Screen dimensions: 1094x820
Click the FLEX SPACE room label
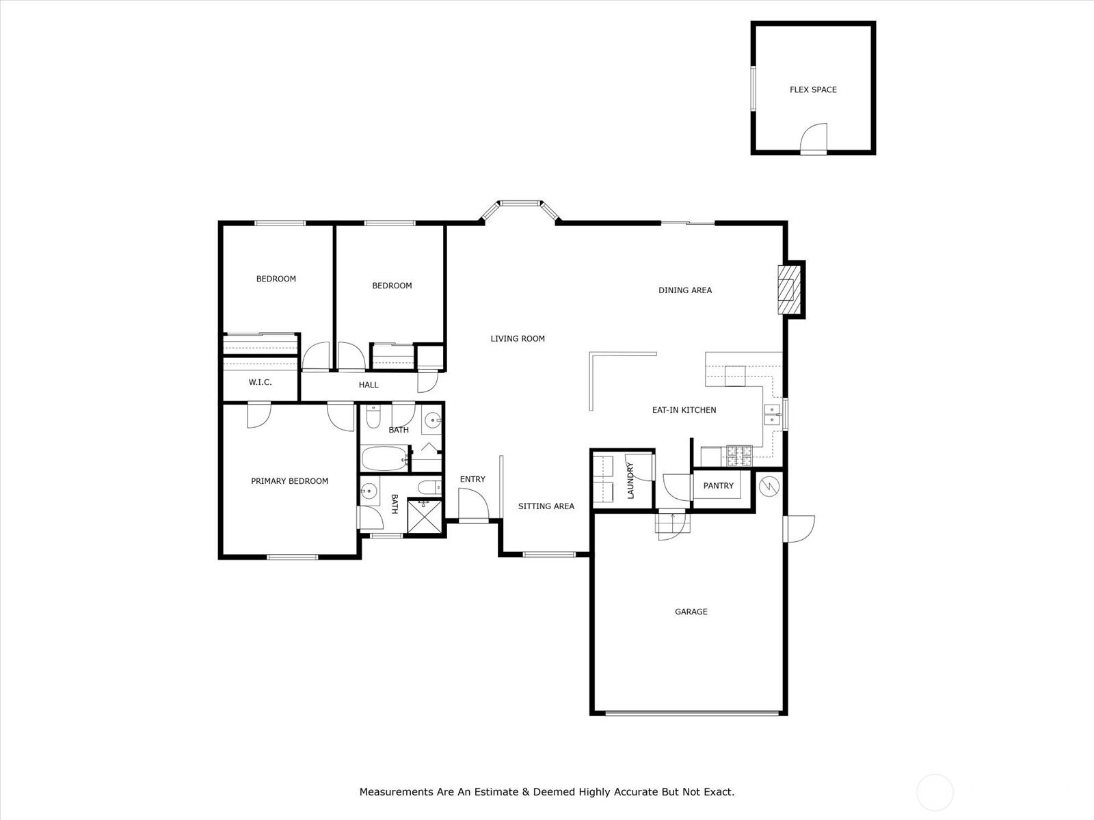[813, 90]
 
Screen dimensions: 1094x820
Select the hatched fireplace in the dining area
[788, 289]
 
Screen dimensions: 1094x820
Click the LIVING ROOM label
[518, 338]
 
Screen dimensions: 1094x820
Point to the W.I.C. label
[261, 383]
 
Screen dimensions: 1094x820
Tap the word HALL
[369, 385]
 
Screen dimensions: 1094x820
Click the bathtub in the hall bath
[384, 459]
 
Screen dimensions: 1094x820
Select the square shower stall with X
[424, 517]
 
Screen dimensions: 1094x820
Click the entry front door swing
[473, 504]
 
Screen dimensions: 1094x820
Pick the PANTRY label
[718, 485]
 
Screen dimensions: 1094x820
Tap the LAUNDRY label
[630, 480]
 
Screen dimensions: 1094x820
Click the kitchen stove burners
[739, 456]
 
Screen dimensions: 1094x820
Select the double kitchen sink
[772, 415]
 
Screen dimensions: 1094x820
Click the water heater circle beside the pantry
[769, 486]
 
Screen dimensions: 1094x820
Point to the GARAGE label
[691, 612]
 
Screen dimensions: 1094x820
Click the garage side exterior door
[799, 529]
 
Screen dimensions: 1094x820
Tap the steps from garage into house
[672, 523]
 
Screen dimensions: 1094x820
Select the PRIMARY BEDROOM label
[290, 481]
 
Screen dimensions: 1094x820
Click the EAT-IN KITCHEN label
[684, 410]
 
